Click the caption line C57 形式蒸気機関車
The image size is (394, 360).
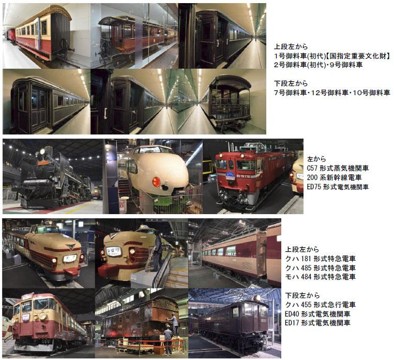click(x=338, y=168)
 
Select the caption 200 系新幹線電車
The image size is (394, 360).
click(x=334, y=177)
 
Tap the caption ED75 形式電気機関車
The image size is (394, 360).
click(x=338, y=187)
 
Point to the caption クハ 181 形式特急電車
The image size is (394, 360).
click(x=321, y=259)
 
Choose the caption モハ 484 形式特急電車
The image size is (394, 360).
click(x=321, y=277)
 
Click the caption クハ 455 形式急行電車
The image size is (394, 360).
click(x=321, y=305)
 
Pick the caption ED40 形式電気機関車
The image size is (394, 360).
click(x=317, y=314)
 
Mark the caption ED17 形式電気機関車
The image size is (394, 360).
click(x=317, y=323)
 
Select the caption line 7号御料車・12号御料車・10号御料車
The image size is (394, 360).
click(x=332, y=93)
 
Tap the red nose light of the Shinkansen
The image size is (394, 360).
click(x=156, y=182)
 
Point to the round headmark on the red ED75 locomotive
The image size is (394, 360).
click(x=230, y=175)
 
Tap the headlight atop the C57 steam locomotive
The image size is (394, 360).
click(x=42, y=152)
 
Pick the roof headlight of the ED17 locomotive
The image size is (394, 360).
click(x=257, y=298)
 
